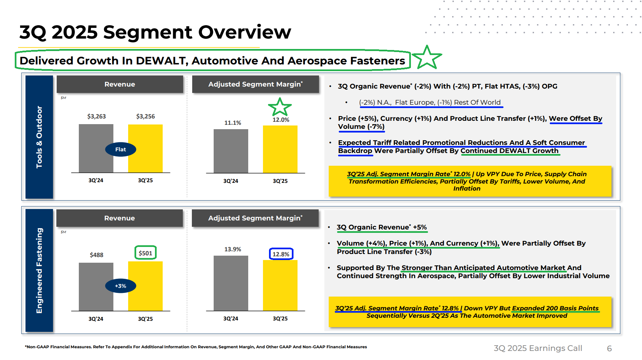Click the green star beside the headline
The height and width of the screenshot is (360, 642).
427,58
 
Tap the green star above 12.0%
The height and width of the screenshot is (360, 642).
280,107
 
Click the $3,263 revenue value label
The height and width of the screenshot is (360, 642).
96,116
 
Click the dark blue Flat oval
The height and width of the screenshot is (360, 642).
120,150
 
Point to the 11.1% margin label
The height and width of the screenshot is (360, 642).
232,123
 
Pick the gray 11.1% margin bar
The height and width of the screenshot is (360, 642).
231,151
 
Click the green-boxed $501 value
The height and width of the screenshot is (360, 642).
146,253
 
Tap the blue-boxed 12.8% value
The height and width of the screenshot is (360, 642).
281,254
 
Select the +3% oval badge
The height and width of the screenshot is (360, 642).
120,286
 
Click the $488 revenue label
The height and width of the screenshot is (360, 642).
96,255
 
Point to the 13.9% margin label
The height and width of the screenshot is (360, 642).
232,249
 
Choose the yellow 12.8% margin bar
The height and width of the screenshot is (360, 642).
280,285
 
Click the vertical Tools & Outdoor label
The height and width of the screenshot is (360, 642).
39,137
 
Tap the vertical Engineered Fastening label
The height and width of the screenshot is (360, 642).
39,270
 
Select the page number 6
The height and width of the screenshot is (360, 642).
609,349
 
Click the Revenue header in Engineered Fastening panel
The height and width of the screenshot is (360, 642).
119,218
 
